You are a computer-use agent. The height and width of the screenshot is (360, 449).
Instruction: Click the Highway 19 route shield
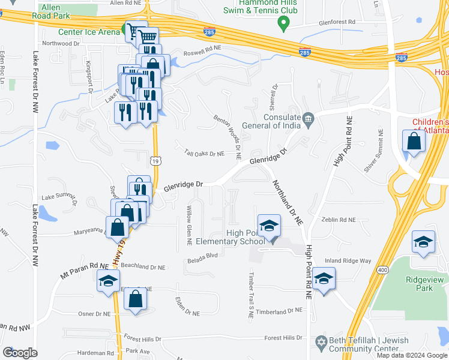[x=154, y=160]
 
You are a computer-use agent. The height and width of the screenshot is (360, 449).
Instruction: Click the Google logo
[x=20, y=353]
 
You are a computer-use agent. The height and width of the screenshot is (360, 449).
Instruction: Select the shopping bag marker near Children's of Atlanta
[x=414, y=142]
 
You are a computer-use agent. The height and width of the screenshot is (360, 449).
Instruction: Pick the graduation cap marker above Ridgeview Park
[x=424, y=242]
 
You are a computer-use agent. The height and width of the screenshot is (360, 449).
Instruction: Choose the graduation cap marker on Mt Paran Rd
[x=109, y=281]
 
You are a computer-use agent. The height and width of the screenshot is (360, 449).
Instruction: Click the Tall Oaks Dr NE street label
[x=204, y=154]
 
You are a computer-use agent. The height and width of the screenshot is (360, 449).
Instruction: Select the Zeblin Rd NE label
[x=339, y=220]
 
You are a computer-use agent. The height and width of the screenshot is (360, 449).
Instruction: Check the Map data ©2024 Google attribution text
[x=411, y=355]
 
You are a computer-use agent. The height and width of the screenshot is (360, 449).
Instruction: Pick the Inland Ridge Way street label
[x=348, y=260]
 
